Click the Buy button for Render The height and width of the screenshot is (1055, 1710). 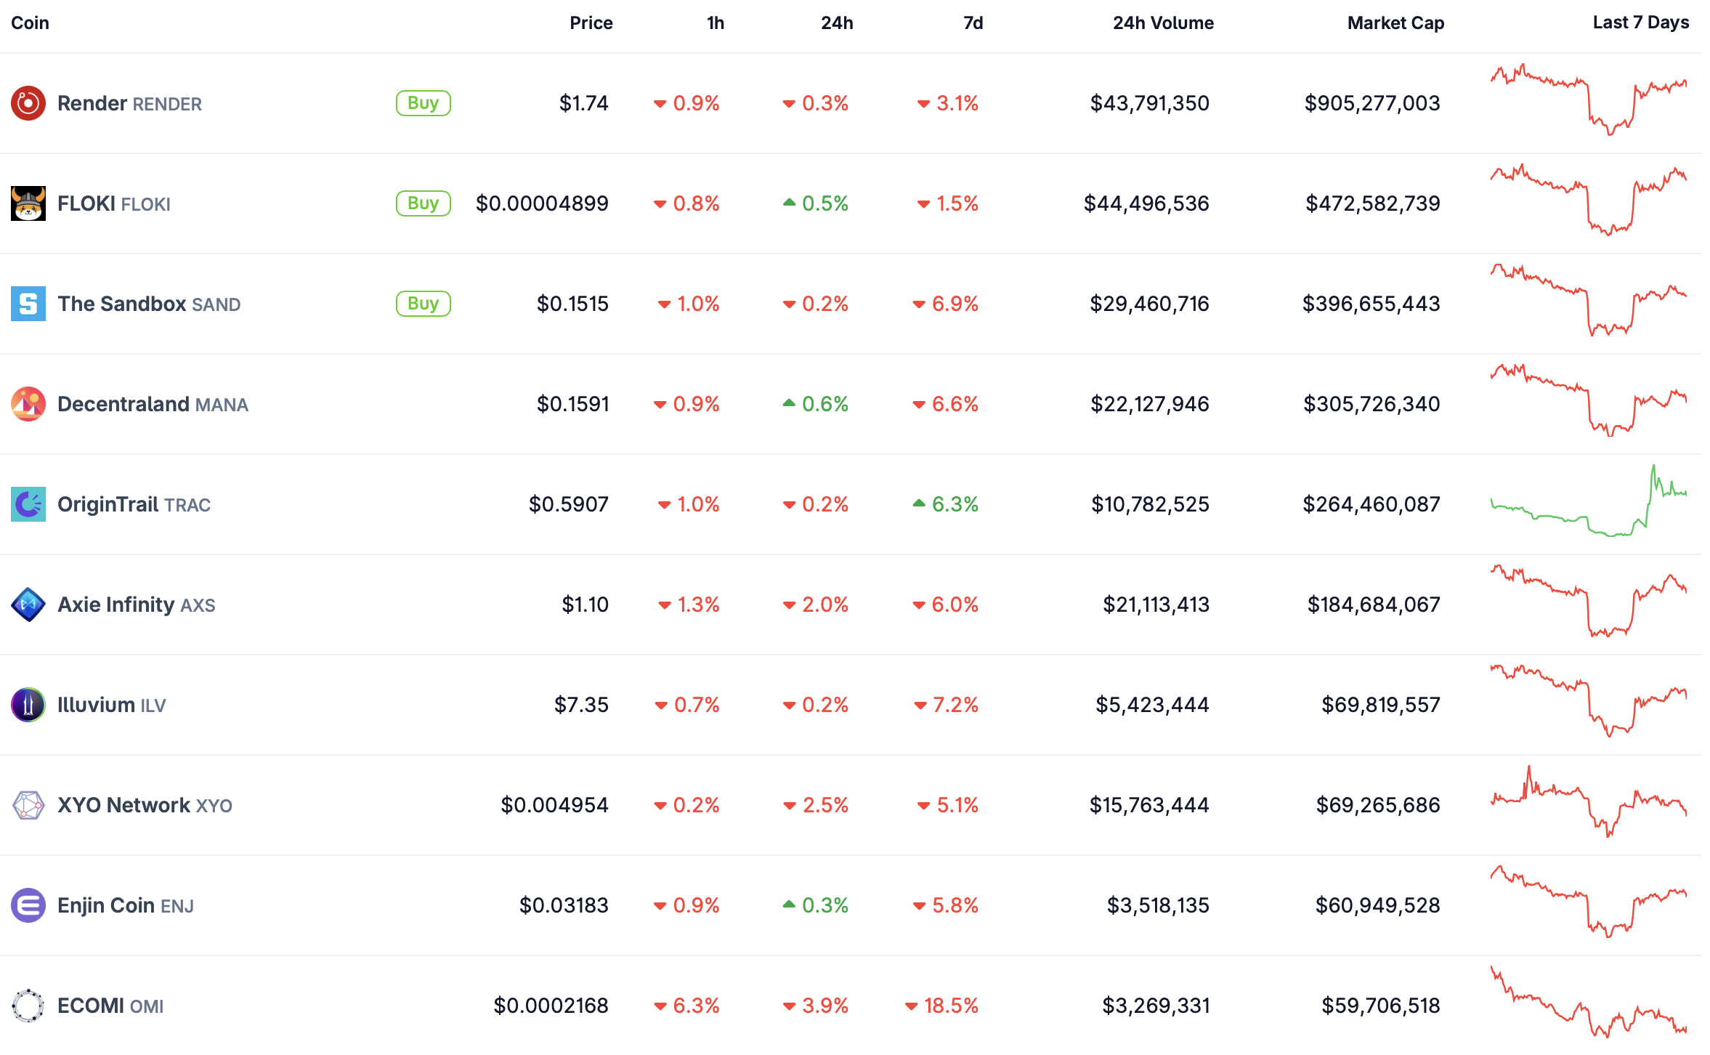pyautogui.click(x=423, y=103)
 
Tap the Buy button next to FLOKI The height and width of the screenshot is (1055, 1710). pyautogui.click(x=423, y=203)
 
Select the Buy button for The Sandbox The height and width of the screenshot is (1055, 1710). pyautogui.click(x=423, y=304)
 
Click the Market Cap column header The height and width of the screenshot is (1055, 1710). pyautogui.click(x=1395, y=23)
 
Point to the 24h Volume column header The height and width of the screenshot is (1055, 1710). pyautogui.click(x=1162, y=23)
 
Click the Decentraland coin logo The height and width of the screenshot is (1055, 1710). pyautogui.click(x=28, y=404)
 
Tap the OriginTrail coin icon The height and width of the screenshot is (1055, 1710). pyautogui.click(x=28, y=504)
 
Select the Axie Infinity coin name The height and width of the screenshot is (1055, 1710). pyautogui.click(x=116, y=605)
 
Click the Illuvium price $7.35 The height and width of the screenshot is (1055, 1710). pyautogui.click(x=581, y=705)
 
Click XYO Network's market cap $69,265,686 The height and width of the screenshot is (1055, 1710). pyautogui.click(x=1377, y=805)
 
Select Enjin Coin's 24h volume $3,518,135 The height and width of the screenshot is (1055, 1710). pyautogui.click(x=1157, y=905)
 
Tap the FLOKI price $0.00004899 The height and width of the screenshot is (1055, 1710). pyautogui.click(x=542, y=203)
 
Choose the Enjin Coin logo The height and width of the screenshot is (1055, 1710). pyautogui.click(x=28, y=905)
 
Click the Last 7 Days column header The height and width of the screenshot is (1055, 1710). pyautogui.click(x=1640, y=23)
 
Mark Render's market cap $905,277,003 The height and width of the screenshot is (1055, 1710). pyautogui.click(x=1371, y=103)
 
